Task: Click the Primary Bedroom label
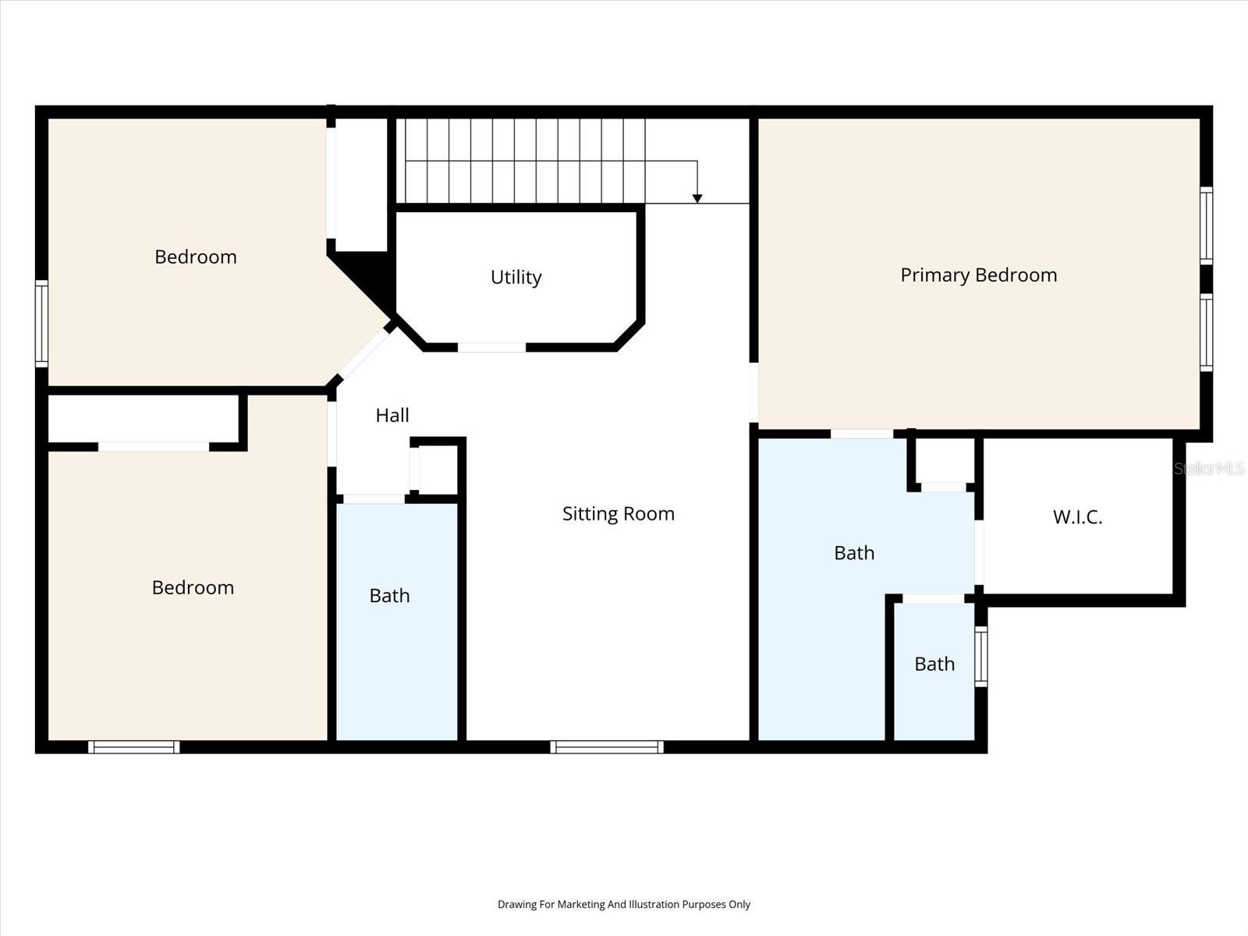978,275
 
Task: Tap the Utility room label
516,278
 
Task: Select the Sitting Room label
618,514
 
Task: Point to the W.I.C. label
1077,517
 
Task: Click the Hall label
392,416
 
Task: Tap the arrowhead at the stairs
697,198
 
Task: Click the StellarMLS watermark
1209,468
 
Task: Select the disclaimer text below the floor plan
624,904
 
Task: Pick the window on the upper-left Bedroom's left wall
41,324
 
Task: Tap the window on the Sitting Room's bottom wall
607,746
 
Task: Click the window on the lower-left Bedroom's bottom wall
133,746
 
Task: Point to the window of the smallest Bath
980,657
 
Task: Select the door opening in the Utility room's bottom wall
492,347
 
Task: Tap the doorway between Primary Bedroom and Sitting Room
753,392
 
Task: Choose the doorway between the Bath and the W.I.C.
979,552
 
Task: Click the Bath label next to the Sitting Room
389,596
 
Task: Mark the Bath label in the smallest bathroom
934,664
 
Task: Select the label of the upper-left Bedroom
196,257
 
